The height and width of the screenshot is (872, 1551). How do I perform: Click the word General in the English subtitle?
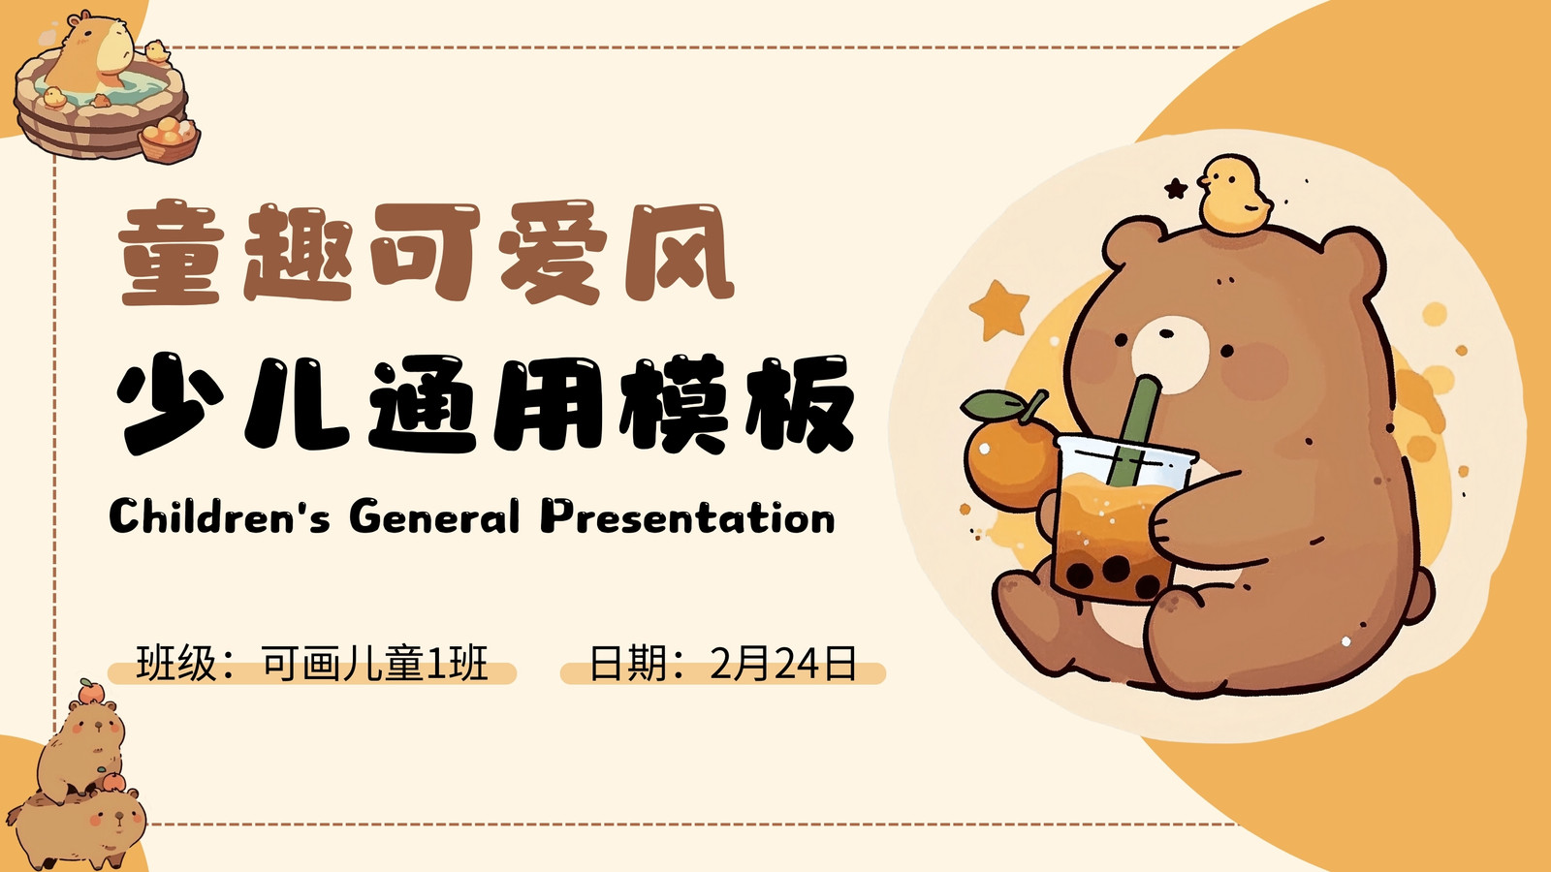(434, 517)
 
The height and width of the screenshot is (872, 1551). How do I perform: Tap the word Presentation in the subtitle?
(687, 516)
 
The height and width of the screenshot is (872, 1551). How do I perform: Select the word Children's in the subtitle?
(219, 516)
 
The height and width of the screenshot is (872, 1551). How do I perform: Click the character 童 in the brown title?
(171, 253)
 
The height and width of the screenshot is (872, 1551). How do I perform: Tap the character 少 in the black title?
(170, 404)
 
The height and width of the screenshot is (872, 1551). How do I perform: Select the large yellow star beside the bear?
(998, 310)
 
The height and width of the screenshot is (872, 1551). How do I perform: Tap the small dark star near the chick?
(1176, 188)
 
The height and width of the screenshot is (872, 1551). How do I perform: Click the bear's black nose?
(1167, 333)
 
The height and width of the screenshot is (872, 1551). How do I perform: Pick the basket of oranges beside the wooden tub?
(169, 140)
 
